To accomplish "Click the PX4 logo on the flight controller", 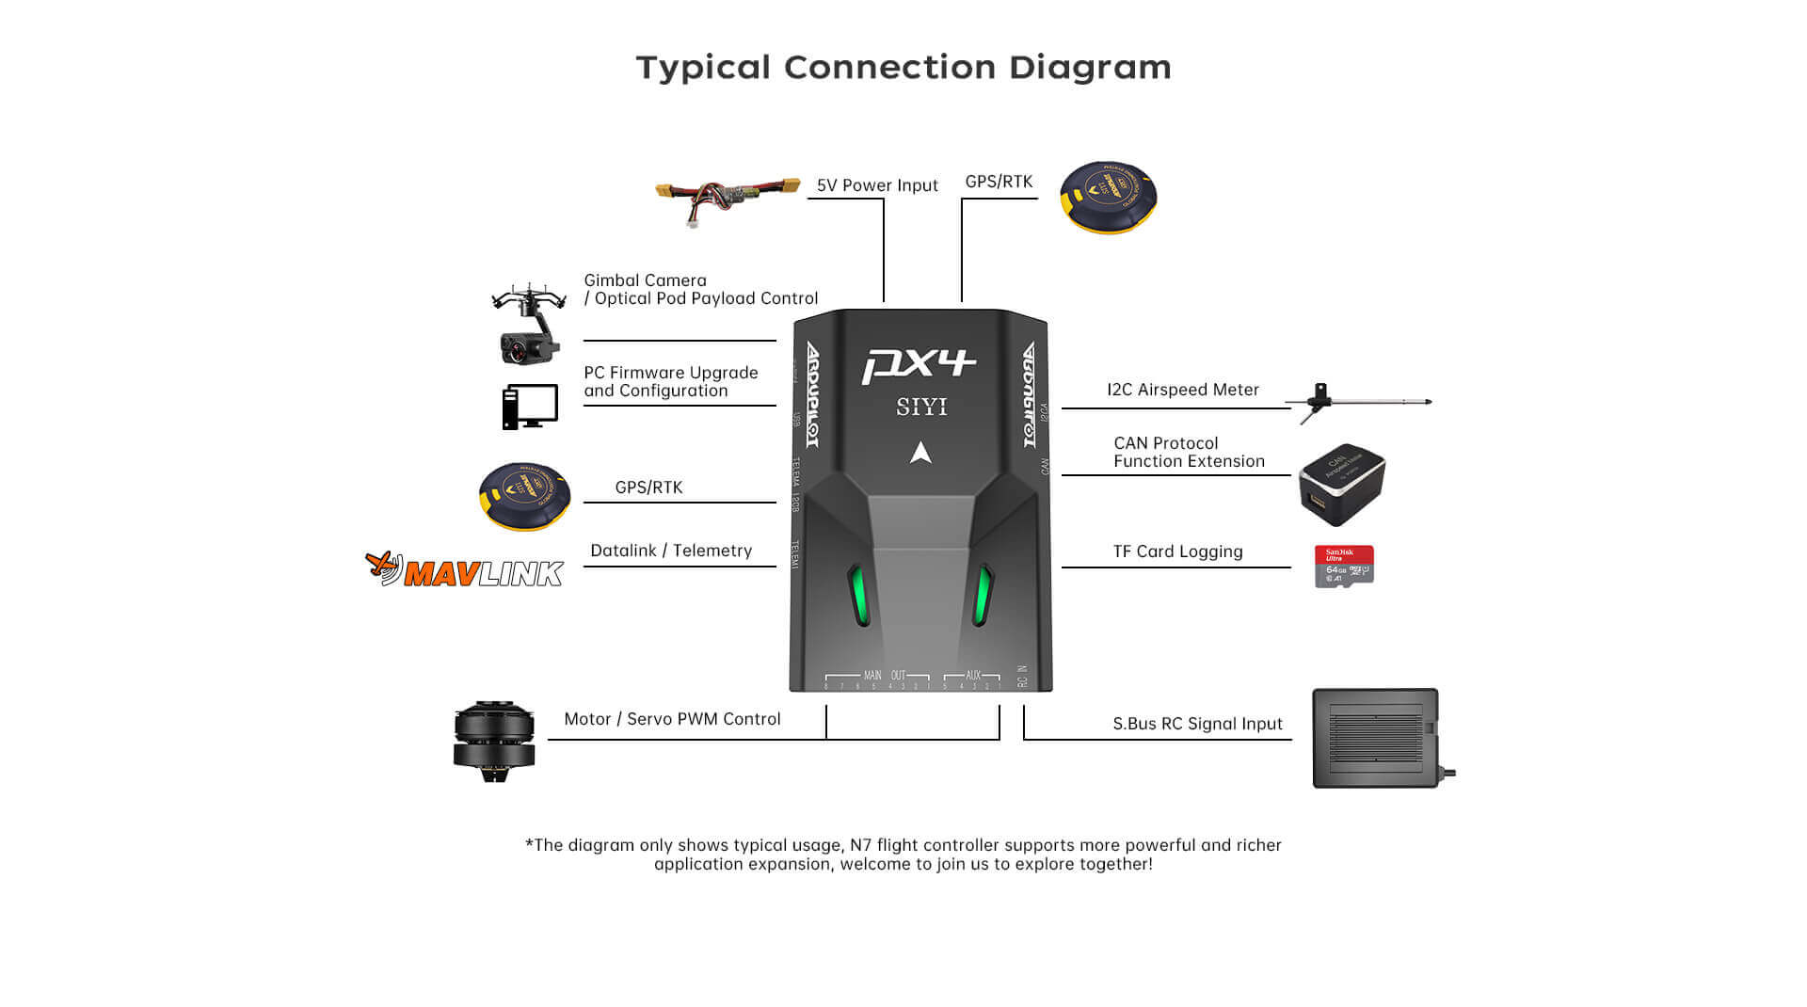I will (919, 365).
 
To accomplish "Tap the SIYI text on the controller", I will (921, 407).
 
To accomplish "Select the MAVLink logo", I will (465, 570).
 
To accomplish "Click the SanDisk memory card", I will (1344, 567).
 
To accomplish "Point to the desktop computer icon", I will (530, 407).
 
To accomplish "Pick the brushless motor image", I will (494, 742).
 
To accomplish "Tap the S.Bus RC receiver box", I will (1377, 739).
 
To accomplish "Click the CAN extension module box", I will (1341, 485).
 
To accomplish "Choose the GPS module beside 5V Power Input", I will (1108, 198).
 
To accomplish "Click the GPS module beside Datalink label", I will (524, 496).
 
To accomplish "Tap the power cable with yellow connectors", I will (727, 198).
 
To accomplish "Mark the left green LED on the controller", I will (859, 595).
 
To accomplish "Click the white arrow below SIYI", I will (920, 454).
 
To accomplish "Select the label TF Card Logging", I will (1177, 551).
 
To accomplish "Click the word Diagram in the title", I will (1090, 68).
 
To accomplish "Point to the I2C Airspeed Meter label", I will (1182, 390).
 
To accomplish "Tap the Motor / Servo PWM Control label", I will (672, 719).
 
